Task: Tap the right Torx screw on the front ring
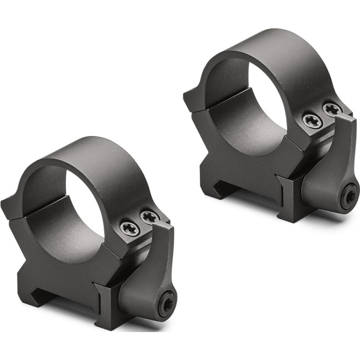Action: pos(149,218)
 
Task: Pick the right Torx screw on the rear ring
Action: pos(332,109)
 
